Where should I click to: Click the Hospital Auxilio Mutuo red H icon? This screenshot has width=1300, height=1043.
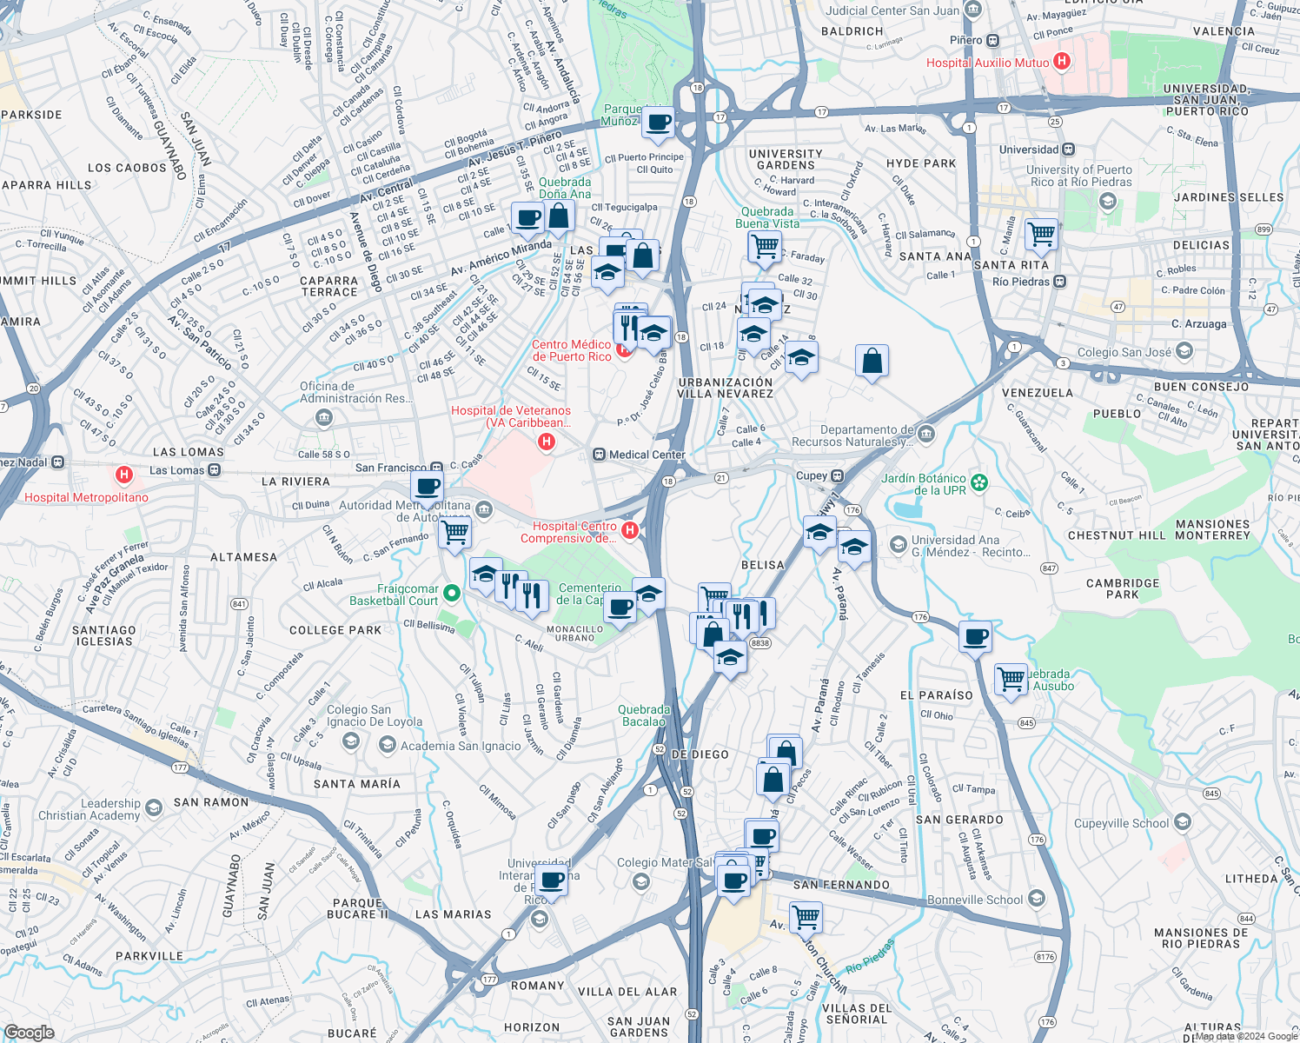(1061, 62)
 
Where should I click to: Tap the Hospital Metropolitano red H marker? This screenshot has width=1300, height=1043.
(124, 475)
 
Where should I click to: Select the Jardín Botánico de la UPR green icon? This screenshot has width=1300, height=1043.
(979, 482)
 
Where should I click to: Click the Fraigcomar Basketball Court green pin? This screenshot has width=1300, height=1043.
(451, 594)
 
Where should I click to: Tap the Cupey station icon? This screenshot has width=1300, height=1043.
(837, 475)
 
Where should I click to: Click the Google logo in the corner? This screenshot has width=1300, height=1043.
(29, 1032)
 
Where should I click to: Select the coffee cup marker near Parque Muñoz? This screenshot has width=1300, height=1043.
(659, 122)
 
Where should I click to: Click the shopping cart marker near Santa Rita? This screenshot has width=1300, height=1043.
(1040, 233)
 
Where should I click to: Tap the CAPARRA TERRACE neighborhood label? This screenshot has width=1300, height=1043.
(329, 287)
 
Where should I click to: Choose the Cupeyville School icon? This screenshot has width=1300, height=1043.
(1183, 822)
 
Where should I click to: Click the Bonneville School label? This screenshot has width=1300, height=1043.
(975, 900)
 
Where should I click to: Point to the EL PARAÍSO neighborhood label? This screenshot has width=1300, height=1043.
(936, 695)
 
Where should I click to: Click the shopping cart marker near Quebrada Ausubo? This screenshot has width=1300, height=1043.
(1011, 678)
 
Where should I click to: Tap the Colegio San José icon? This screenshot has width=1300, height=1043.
(1184, 352)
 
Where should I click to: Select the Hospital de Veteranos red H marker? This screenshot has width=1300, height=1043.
(547, 442)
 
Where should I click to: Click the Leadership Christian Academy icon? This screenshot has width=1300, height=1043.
(154, 808)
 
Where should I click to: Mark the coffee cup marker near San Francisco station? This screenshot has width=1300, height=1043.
(426, 488)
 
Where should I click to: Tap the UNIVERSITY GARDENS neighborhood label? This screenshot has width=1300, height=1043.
(786, 159)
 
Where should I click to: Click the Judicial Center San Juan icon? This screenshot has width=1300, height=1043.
(973, 10)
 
